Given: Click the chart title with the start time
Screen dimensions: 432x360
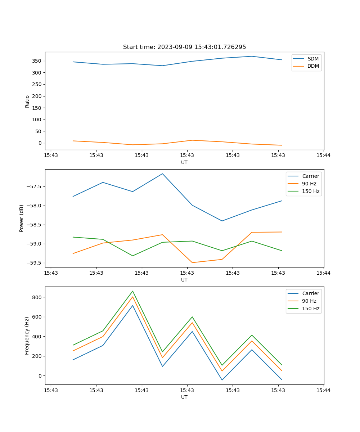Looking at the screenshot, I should tap(184, 47).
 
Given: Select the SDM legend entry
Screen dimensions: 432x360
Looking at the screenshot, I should tap(313, 59).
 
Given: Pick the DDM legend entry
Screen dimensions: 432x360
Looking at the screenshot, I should tap(313, 66).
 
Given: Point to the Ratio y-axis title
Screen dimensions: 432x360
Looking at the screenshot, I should tap(27, 101).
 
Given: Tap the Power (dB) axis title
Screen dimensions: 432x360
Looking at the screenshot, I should tap(22, 218).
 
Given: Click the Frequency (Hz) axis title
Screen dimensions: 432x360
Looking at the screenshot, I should tap(27, 336).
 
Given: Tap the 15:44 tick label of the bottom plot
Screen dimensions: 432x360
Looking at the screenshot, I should tap(323, 390).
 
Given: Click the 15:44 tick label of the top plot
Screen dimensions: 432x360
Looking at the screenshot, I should tap(323, 156).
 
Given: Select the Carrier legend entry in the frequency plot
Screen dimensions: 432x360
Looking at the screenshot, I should tap(310, 293).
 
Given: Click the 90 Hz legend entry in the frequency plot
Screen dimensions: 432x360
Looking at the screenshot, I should tap(309, 301).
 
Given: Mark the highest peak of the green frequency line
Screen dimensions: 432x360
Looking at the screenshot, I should tap(132, 291).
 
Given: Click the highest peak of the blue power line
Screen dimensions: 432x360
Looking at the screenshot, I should tap(162, 174).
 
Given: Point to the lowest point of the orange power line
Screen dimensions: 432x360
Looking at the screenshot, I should tap(192, 263).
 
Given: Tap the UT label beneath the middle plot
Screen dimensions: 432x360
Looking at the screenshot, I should tap(184, 280).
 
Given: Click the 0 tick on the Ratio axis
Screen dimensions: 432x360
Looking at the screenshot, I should tap(40, 143).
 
